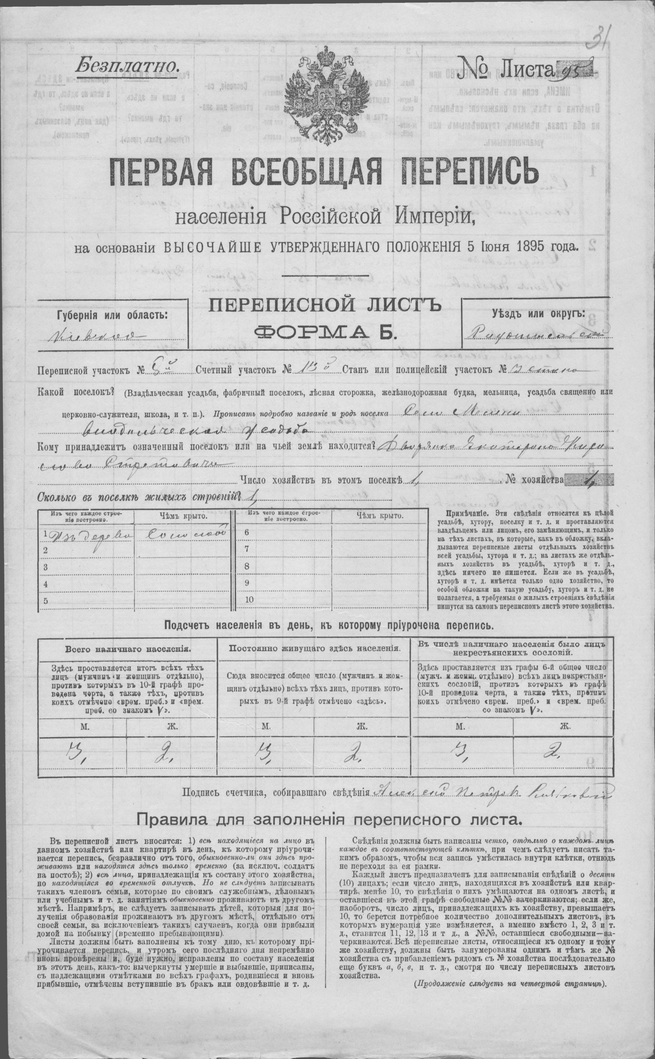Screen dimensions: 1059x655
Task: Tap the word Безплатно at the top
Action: tap(126, 66)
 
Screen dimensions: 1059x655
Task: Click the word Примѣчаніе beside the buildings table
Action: tap(456, 513)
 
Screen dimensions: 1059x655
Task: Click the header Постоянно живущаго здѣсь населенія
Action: tap(314, 649)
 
